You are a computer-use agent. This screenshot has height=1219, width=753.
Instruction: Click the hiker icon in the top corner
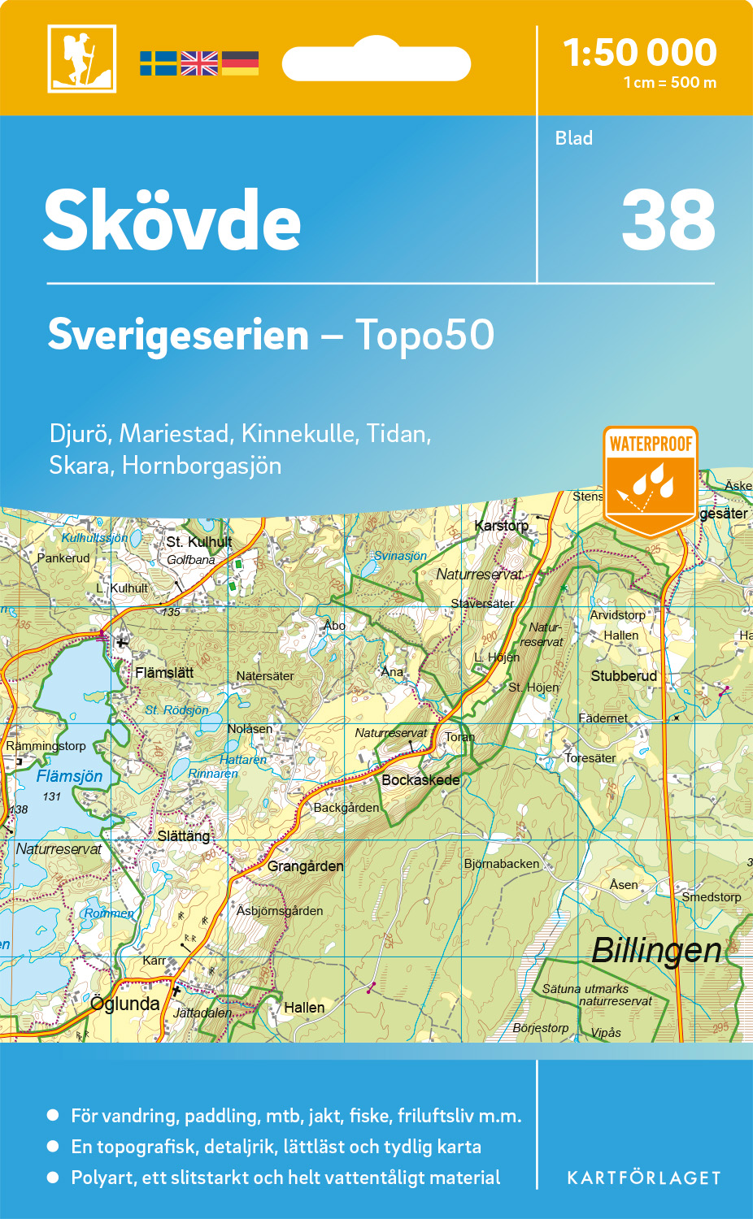pyautogui.click(x=81, y=59)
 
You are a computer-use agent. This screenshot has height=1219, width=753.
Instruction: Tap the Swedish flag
pyautogui.click(x=158, y=63)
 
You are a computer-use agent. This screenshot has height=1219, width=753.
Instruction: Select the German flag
pyautogui.click(x=240, y=63)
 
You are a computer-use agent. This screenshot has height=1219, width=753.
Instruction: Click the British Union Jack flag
pyautogui.click(x=199, y=63)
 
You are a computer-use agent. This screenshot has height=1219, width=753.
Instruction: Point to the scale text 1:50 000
pyautogui.click(x=640, y=53)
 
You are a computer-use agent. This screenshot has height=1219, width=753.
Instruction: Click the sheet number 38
pyautogui.click(x=668, y=220)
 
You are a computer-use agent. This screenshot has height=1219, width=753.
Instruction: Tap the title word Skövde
pyautogui.click(x=172, y=220)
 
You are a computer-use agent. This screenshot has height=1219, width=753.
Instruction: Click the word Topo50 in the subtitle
pyautogui.click(x=424, y=335)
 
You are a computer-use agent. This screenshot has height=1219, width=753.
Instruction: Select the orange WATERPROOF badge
pyautogui.click(x=651, y=479)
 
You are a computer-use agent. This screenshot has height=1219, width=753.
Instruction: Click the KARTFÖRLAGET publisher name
pyautogui.click(x=644, y=1178)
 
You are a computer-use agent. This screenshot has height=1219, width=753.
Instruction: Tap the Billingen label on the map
pyautogui.click(x=656, y=950)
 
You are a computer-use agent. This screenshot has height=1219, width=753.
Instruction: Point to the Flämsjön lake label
pyautogui.click(x=69, y=776)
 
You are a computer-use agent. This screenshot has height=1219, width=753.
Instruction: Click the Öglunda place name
pyautogui.click(x=125, y=1004)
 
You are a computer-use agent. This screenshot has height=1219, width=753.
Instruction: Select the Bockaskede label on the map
pyautogui.click(x=420, y=779)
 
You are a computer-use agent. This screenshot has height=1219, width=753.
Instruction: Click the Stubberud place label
pyautogui.click(x=624, y=675)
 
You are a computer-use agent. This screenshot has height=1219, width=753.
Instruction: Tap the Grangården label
pyautogui.click(x=305, y=865)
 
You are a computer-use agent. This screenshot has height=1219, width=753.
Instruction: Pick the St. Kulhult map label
pyautogui.click(x=199, y=542)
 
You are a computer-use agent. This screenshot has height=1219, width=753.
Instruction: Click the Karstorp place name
pyautogui.click(x=501, y=526)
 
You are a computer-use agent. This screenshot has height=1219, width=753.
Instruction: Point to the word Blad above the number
pyautogui.click(x=574, y=138)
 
